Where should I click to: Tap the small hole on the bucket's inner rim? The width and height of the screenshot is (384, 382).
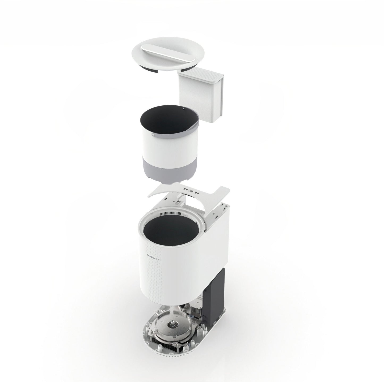pos(184,108)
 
